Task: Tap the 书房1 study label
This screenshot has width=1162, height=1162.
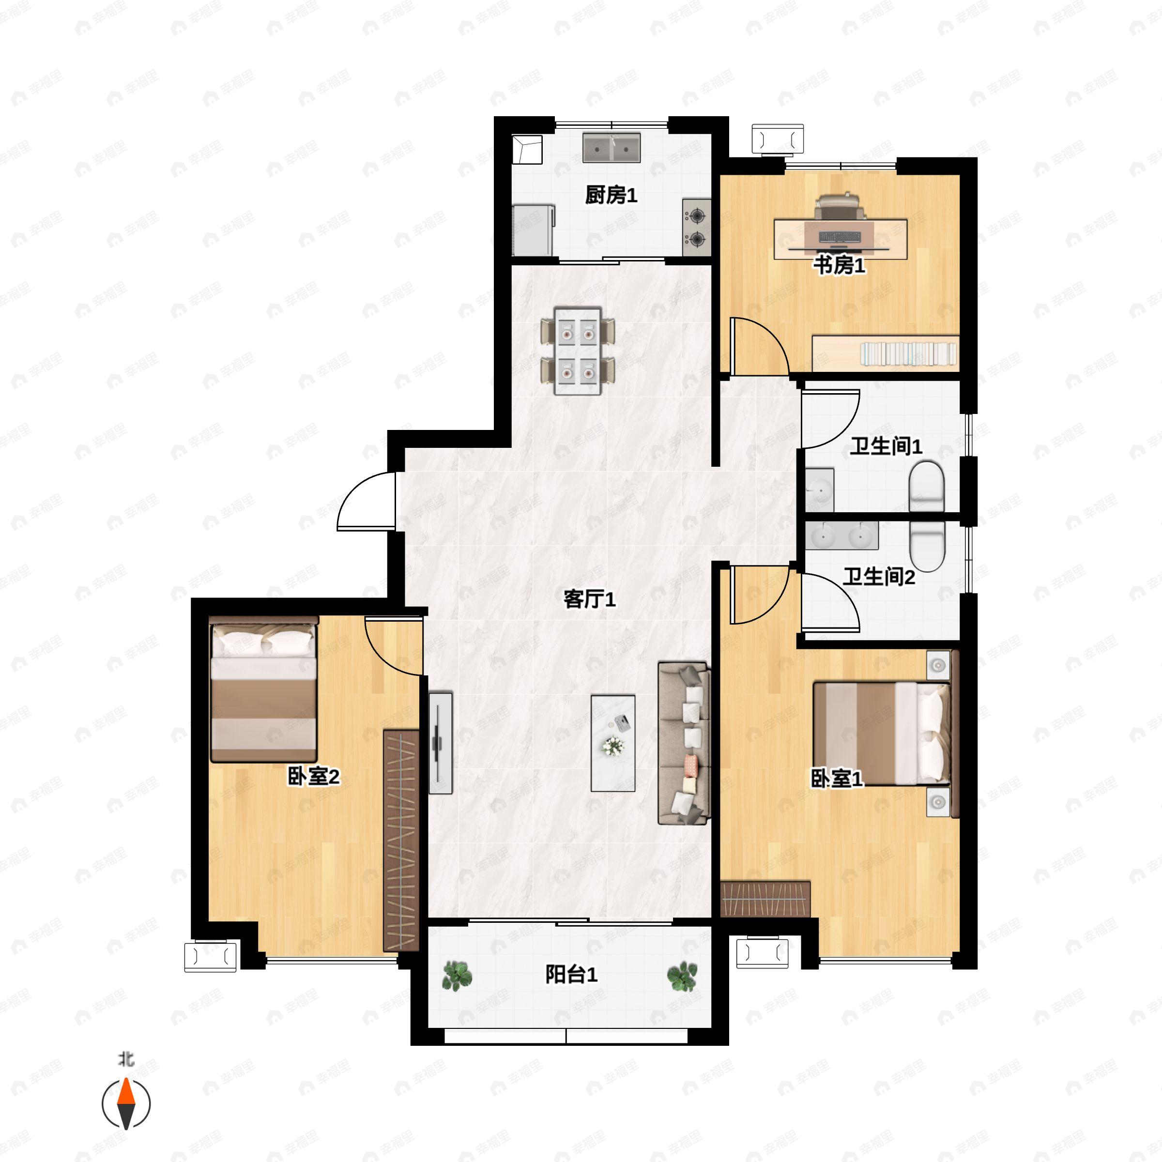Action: point(840,265)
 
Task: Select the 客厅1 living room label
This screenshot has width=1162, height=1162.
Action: point(589,599)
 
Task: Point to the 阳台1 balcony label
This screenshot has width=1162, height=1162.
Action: point(571,974)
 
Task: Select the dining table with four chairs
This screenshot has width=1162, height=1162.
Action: point(578,351)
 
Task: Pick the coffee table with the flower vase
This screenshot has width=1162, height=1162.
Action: point(613,743)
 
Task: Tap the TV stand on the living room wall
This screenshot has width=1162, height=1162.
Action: point(440,743)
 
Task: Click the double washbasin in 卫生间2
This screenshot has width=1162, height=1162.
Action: point(842,535)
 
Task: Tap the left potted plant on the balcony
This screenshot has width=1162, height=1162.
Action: point(457,976)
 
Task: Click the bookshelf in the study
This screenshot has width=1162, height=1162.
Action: point(886,353)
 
